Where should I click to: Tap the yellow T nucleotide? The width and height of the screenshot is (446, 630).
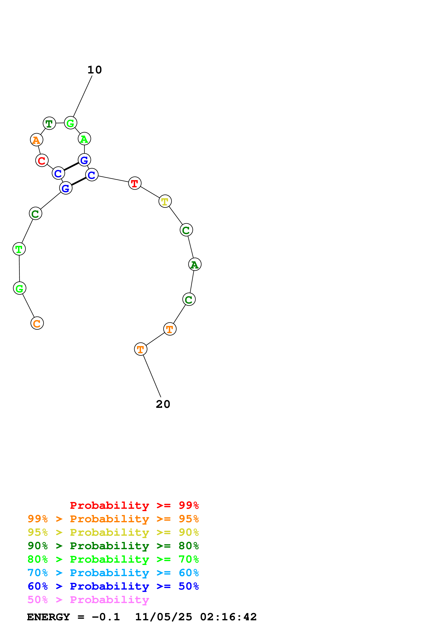tap(165, 201)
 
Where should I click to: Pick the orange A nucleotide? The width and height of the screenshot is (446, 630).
tap(37, 140)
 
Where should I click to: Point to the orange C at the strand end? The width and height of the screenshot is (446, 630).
tap(37, 323)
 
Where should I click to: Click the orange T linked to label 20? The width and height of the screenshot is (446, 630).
tap(141, 349)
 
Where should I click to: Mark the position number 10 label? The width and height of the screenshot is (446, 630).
tap(94, 70)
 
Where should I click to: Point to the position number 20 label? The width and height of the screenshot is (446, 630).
tap(163, 404)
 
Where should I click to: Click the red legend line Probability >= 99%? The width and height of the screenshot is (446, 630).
tap(134, 505)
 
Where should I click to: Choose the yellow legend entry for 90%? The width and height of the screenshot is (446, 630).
tap(113, 532)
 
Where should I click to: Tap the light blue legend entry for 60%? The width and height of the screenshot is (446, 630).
tap(113, 573)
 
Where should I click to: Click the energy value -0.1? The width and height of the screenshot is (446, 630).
tap(106, 617)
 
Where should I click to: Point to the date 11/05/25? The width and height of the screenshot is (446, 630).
tap(164, 617)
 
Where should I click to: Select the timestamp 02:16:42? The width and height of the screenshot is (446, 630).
tap(228, 617)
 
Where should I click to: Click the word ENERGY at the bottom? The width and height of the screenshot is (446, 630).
tap(48, 617)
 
